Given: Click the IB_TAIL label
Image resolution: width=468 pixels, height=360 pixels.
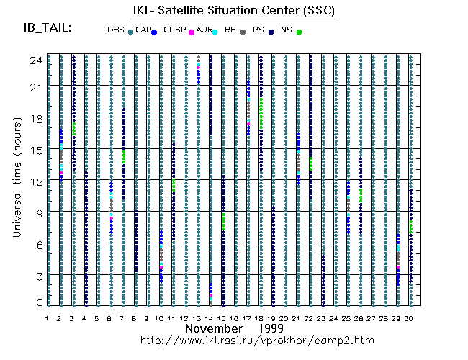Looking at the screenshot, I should [48, 28].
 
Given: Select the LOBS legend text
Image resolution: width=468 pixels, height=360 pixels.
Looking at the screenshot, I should [113, 30].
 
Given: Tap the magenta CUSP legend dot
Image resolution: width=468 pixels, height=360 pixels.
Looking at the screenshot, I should [191, 32].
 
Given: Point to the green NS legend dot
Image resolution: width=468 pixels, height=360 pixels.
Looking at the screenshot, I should [300, 32].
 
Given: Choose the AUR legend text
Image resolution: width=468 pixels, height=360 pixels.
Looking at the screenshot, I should [204, 30].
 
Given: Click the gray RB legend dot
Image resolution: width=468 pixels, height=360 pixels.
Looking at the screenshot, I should [243, 32].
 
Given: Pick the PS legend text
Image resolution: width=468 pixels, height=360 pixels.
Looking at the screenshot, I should [258, 30].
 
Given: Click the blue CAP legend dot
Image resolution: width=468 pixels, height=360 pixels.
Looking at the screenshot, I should [154, 32].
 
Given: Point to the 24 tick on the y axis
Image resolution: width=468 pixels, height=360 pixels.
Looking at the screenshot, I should [35, 61].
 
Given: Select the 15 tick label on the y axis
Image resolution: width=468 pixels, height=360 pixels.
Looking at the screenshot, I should [35, 150].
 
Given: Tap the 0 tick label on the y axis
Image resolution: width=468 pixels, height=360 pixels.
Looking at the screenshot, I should [38, 302].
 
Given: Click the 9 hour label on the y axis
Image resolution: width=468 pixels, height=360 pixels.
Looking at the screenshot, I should [38, 213].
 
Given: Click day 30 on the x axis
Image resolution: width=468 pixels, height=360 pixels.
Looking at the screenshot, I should [410, 318].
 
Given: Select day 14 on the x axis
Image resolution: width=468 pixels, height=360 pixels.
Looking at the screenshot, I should [210, 318].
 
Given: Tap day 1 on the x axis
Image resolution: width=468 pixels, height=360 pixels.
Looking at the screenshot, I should [48, 318].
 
